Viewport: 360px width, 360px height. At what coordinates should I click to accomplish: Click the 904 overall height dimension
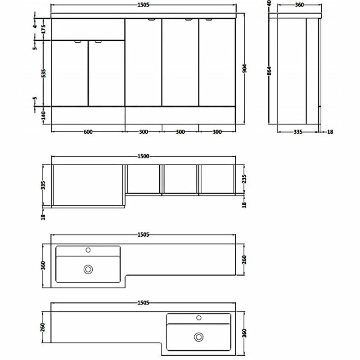point(244,68)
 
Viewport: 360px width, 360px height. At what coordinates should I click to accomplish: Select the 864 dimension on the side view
point(269,71)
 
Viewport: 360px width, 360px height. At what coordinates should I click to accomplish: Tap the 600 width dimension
point(88,132)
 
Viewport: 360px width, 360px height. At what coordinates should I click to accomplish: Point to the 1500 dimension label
point(143,156)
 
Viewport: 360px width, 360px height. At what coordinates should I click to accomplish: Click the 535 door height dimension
point(44,73)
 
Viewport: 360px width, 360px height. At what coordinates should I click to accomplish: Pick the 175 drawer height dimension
point(44,29)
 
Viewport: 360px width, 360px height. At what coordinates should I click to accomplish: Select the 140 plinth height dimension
point(44,115)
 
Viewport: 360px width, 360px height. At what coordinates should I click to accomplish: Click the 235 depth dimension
point(244,179)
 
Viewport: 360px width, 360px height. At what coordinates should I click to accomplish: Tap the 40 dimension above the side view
point(269,3)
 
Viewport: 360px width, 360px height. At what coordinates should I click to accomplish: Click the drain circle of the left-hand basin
point(88,269)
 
